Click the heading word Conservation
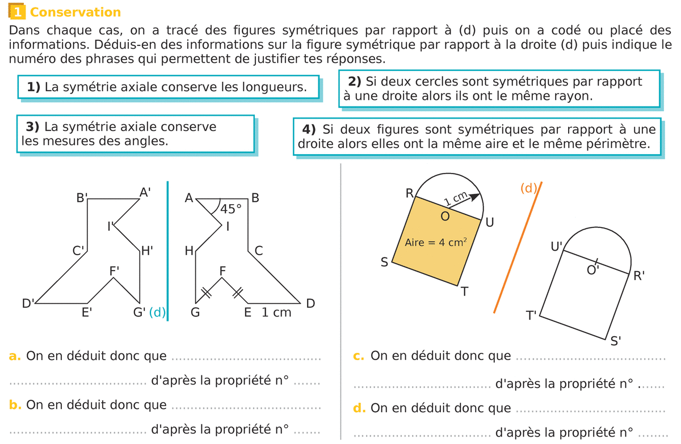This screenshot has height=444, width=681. (x=75, y=12)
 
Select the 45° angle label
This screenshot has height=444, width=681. (x=231, y=209)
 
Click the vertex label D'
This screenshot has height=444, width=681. (x=28, y=303)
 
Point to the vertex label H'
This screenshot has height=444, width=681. (x=147, y=251)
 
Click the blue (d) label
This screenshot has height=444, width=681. (x=157, y=312)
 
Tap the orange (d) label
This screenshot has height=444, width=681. (x=528, y=188)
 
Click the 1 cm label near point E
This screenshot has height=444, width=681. (x=276, y=312)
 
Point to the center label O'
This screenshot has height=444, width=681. (x=593, y=270)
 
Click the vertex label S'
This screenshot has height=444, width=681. (x=616, y=341)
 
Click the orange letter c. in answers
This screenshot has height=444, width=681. (x=358, y=356)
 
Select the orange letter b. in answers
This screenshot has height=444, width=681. (x=15, y=405)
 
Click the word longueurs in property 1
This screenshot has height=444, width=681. (x=274, y=87)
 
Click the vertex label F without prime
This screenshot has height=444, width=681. (x=223, y=271)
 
